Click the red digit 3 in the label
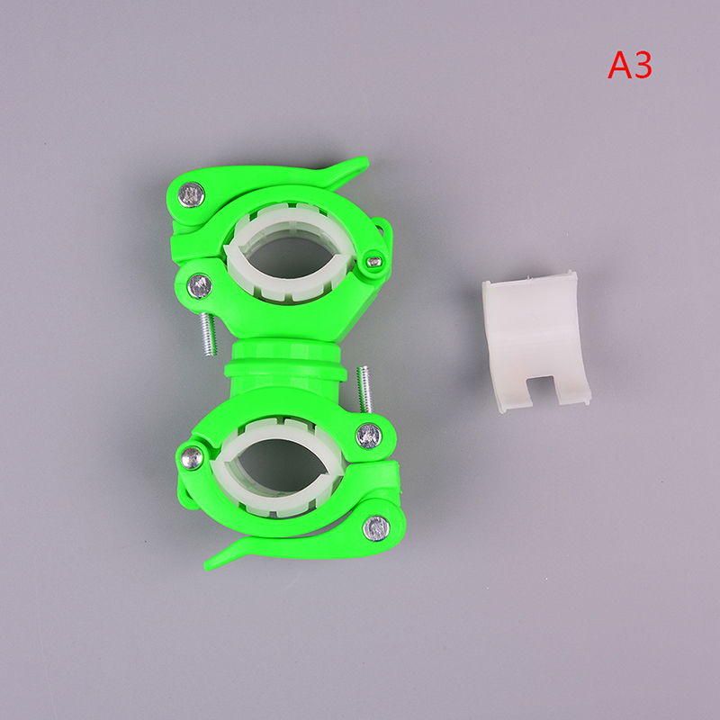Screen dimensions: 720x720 (x=643, y=66)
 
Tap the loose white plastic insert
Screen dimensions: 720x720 (x=535, y=341)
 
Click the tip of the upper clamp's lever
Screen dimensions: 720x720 (x=365, y=160)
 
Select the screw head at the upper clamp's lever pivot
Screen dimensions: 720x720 (x=191, y=194)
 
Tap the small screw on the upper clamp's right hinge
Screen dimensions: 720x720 (x=375, y=262)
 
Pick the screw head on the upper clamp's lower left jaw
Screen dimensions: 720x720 (x=200, y=285)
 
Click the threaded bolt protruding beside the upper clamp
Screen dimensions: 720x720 (x=208, y=333)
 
